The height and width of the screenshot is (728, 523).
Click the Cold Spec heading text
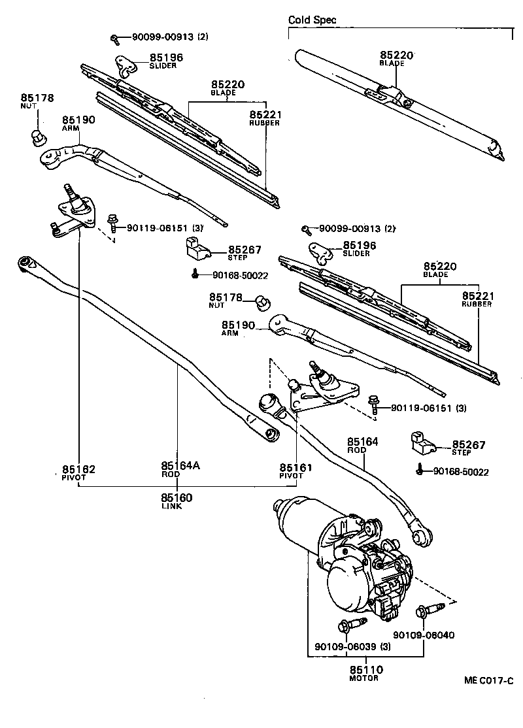[312, 20]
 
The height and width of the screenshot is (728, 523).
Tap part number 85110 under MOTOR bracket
[366, 670]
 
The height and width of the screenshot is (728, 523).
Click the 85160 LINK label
[177, 501]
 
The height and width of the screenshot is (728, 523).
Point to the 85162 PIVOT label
[78, 472]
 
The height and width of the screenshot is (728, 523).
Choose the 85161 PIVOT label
[296, 471]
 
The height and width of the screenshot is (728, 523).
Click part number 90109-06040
[424, 635]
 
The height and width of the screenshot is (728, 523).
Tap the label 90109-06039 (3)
[352, 647]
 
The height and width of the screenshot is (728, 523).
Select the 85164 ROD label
[363, 445]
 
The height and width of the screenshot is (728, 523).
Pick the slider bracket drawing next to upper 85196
[126, 65]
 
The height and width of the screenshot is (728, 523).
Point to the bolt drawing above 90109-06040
[431, 610]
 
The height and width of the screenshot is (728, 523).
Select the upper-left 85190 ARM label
[78, 123]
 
